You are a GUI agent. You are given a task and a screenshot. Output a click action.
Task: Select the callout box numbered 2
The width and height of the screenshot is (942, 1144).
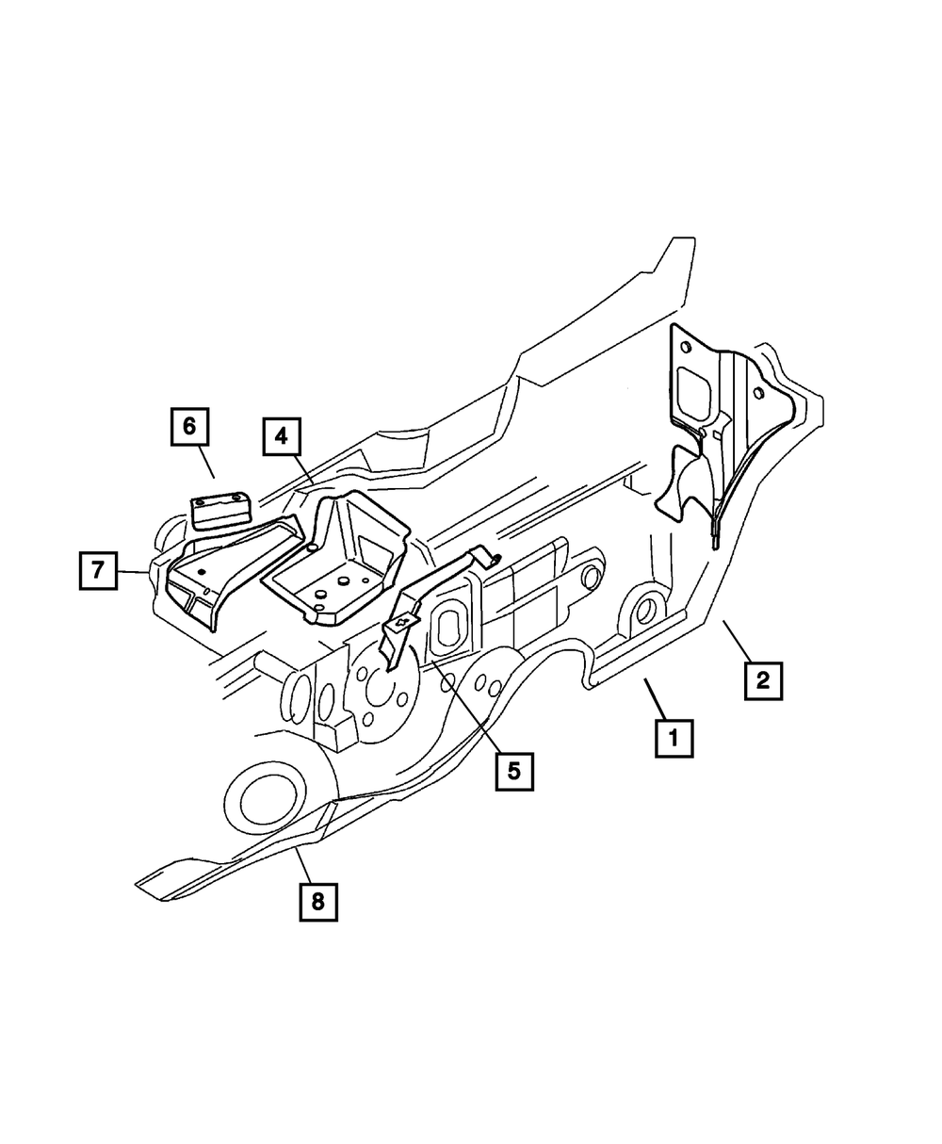(762, 679)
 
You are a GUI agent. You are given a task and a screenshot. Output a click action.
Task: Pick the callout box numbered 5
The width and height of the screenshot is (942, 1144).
(513, 770)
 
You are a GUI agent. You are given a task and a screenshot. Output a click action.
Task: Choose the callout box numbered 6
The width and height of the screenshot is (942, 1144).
(189, 426)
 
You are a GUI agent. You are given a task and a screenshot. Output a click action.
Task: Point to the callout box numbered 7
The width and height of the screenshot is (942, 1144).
(98, 570)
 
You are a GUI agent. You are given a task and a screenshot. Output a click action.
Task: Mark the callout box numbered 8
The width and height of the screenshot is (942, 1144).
(317, 901)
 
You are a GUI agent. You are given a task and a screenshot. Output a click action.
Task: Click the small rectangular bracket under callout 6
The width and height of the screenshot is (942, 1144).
(219, 512)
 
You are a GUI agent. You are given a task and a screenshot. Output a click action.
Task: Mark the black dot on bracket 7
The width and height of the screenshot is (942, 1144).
(201, 572)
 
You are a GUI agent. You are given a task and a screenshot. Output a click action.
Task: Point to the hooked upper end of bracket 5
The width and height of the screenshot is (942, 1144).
(485, 557)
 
